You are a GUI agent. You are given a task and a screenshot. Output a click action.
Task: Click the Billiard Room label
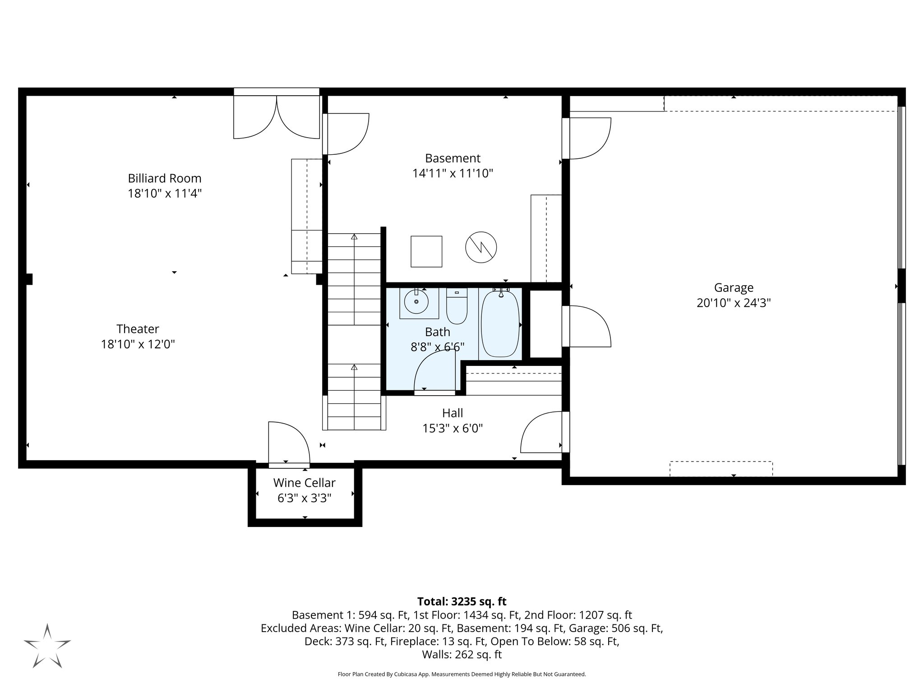point(164,178)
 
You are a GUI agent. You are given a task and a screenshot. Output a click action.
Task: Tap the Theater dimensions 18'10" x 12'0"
point(138,344)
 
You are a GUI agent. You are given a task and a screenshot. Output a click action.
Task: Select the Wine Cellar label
point(304,483)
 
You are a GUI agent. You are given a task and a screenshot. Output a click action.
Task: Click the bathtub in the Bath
point(500,324)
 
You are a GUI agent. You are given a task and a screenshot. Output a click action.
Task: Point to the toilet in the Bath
point(457,307)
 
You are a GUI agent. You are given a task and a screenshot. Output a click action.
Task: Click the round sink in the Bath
point(416,302)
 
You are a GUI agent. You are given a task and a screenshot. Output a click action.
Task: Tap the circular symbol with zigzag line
point(481,247)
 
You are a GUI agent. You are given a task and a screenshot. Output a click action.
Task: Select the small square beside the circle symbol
point(426,251)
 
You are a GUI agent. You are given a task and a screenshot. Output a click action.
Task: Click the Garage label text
point(734,287)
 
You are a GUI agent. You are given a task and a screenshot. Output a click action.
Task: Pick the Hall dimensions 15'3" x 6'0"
point(453,428)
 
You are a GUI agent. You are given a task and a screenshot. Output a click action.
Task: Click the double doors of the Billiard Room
point(276,116)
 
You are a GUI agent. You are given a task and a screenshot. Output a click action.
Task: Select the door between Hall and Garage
point(541,432)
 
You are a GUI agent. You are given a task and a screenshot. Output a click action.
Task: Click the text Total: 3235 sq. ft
point(462,601)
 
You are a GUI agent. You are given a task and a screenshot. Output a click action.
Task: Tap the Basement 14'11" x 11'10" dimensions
point(453,173)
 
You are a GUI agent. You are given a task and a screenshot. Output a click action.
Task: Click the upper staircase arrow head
point(354,236)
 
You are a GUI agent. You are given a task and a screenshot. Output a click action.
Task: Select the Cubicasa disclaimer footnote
point(462,675)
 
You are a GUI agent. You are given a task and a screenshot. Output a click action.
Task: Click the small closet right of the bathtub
point(545,324)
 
